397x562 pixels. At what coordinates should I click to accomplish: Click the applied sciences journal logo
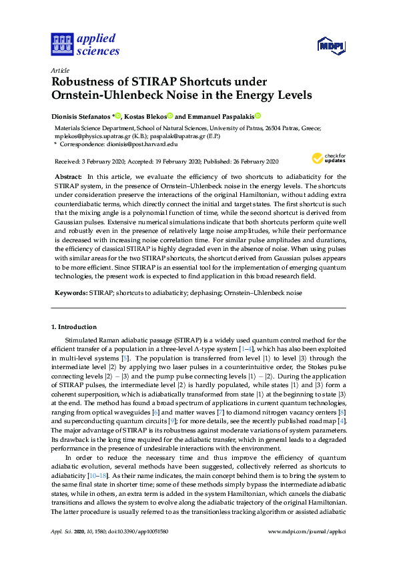[x=85, y=45]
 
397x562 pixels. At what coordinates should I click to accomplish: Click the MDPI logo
[x=331, y=45]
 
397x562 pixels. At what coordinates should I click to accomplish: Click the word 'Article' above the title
[x=60, y=70]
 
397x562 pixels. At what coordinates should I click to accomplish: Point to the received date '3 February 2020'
[x=99, y=162]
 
